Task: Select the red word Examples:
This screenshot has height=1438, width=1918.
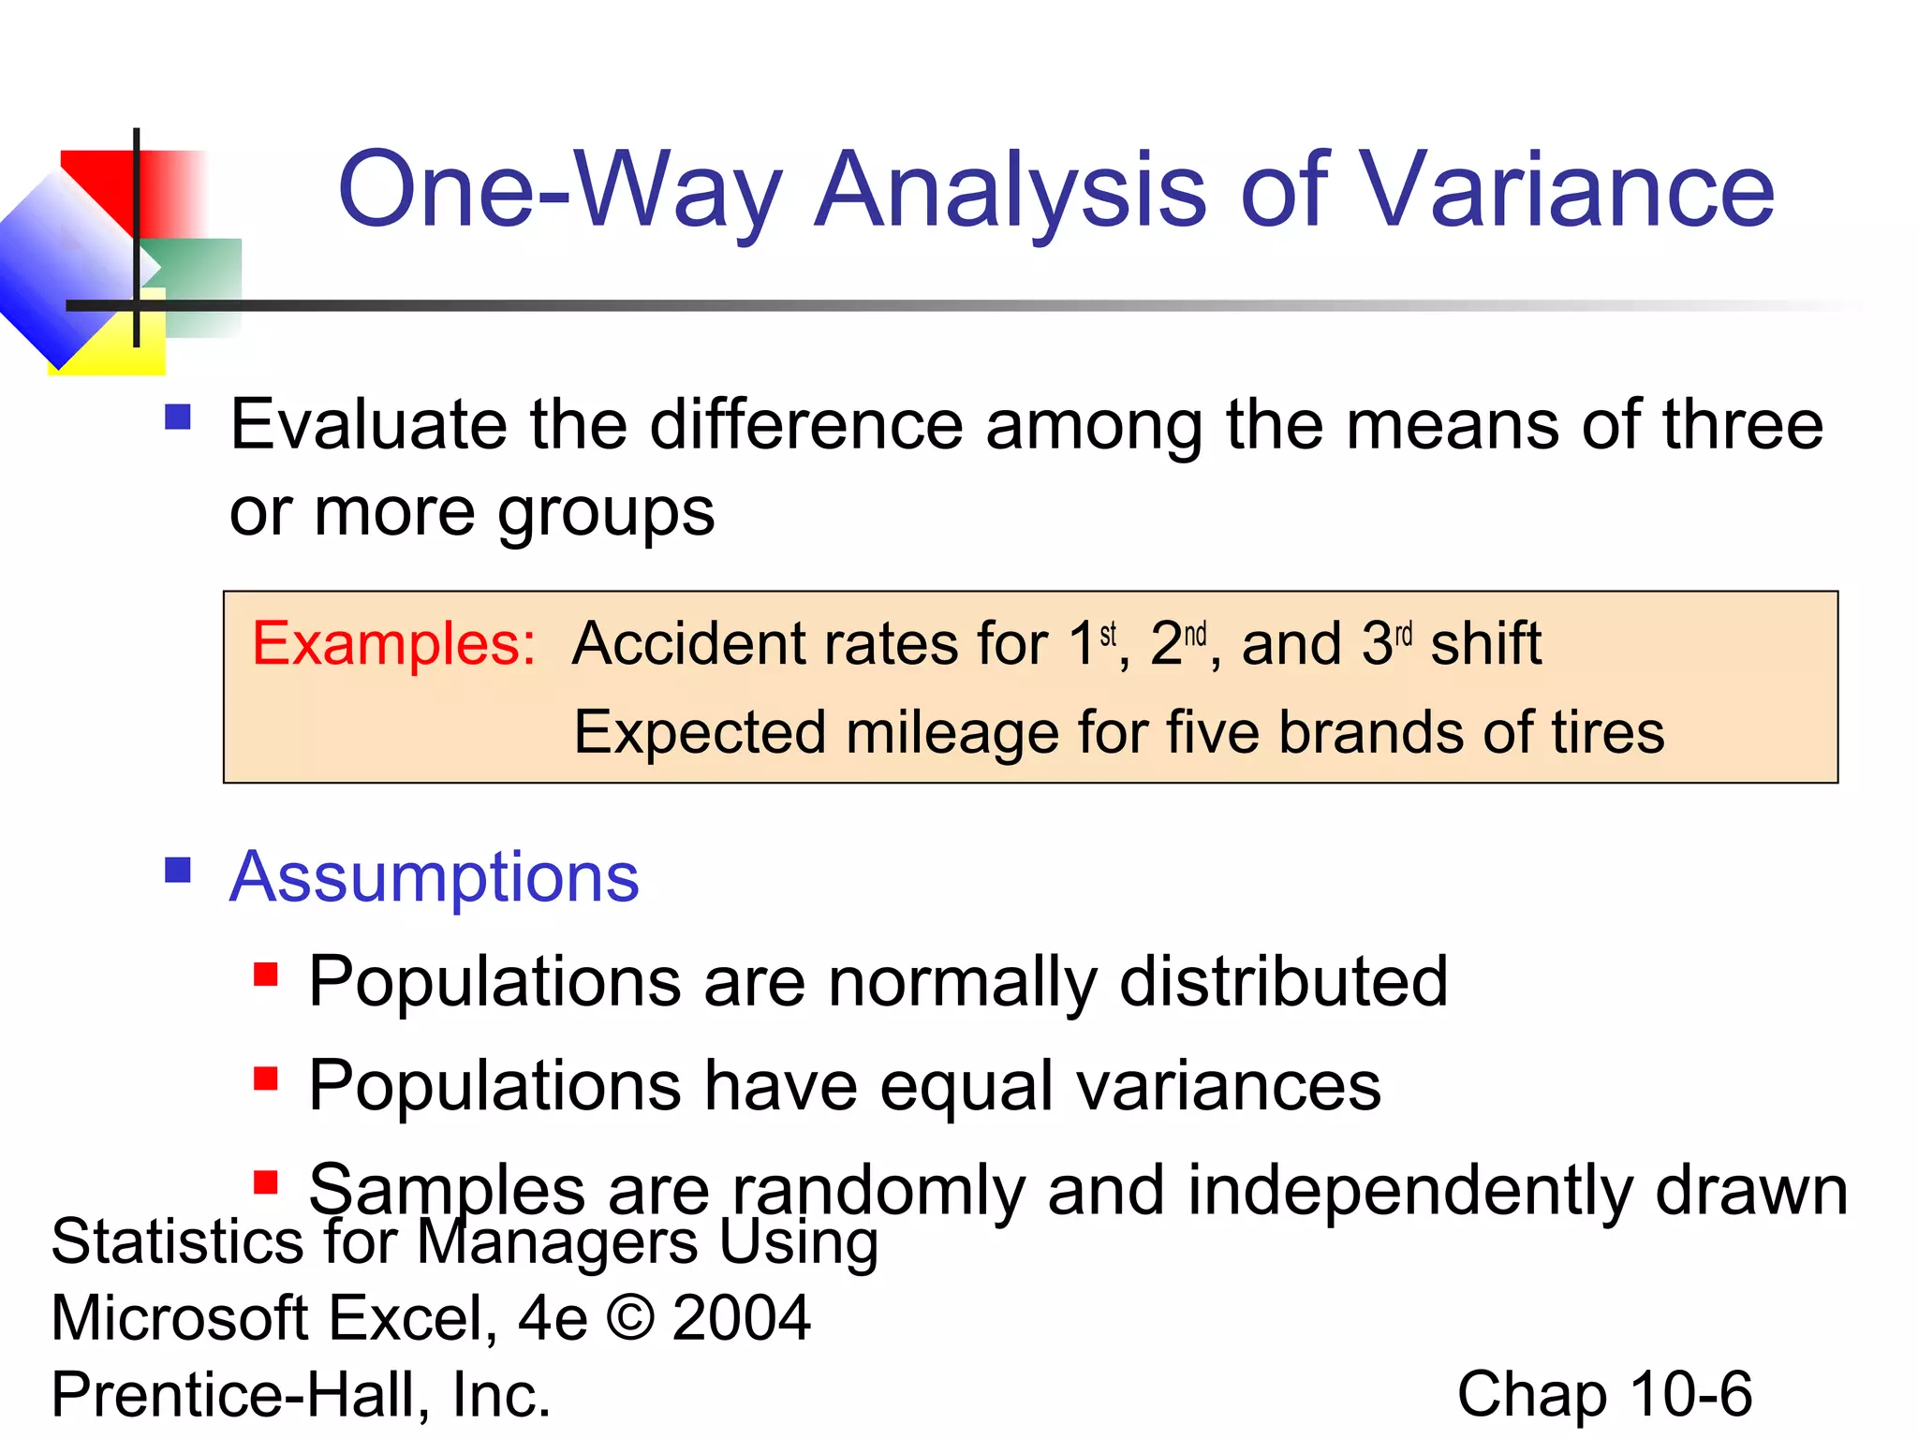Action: click(x=393, y=644)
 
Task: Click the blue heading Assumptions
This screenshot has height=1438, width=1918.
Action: click(x=435, y=877)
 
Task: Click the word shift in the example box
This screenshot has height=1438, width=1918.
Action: click(x=1485, y=644)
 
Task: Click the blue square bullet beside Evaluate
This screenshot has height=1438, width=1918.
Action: click(x=178, y=417)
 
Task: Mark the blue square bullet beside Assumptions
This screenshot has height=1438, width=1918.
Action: click(x=178, y=871)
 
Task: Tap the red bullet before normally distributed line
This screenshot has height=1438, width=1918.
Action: click(x=266, y=976)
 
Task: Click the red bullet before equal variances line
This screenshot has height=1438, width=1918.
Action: click(x=266, y=1079)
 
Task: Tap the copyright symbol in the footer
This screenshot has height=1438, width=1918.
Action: click(x=629, y=1317)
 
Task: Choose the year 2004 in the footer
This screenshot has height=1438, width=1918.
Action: click(x=741, y=1317)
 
